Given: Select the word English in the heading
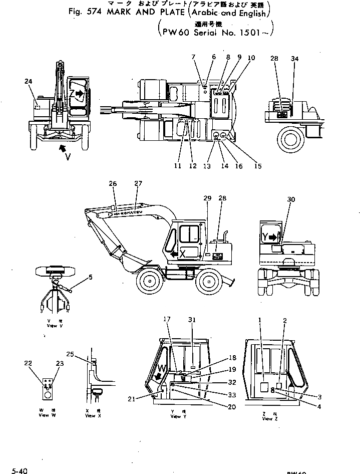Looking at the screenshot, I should (x=249, y=14).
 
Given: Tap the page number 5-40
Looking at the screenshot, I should (x=20, y=470).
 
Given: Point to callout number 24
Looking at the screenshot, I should (x=28, y=81).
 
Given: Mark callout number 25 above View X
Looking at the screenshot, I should (x=70, y=354).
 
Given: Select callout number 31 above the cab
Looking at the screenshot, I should (x=192, y=320).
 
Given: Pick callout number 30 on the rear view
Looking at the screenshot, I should (x=291, y=199).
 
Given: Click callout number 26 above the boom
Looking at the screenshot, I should (x=113, y=184).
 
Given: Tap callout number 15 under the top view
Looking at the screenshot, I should (x=257, y=166).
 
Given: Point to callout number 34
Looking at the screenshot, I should (x=294, y=59).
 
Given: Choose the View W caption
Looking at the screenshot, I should (x=46, y=413).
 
